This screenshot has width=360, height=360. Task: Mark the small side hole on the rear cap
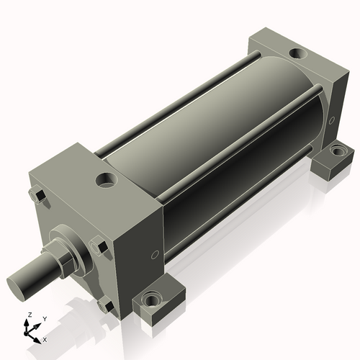[x=332, y=120]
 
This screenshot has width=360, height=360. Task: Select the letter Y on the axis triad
[x=45, y=318]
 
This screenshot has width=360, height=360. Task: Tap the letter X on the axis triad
[x=45, y=338]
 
